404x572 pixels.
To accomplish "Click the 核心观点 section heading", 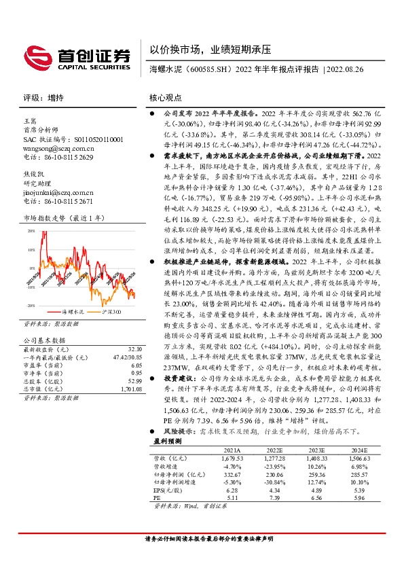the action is click(165, 98).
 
